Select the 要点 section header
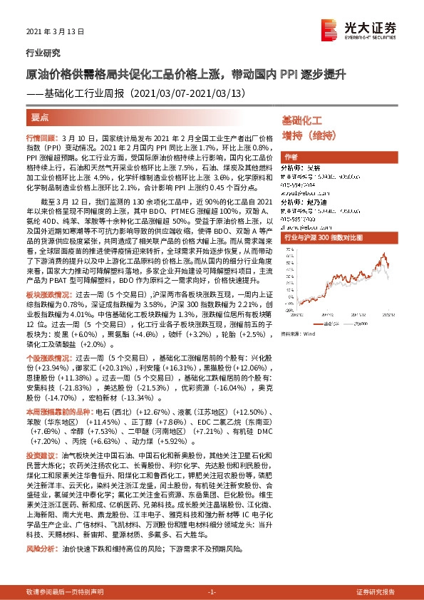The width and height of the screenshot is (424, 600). [x=41, y=116]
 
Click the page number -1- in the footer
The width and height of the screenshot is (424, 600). [x=212, y=592]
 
